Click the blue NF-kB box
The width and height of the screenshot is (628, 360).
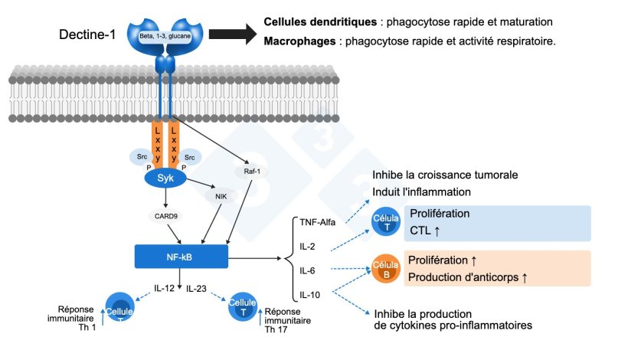click(x=181, y=257)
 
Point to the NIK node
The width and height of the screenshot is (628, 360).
click(x=221, y=197)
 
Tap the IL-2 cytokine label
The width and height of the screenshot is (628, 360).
click(x=306, y=247)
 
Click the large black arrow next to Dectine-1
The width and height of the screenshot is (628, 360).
click(x=233, y=34)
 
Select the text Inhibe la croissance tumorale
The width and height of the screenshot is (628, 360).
click(x=445, y=175)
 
